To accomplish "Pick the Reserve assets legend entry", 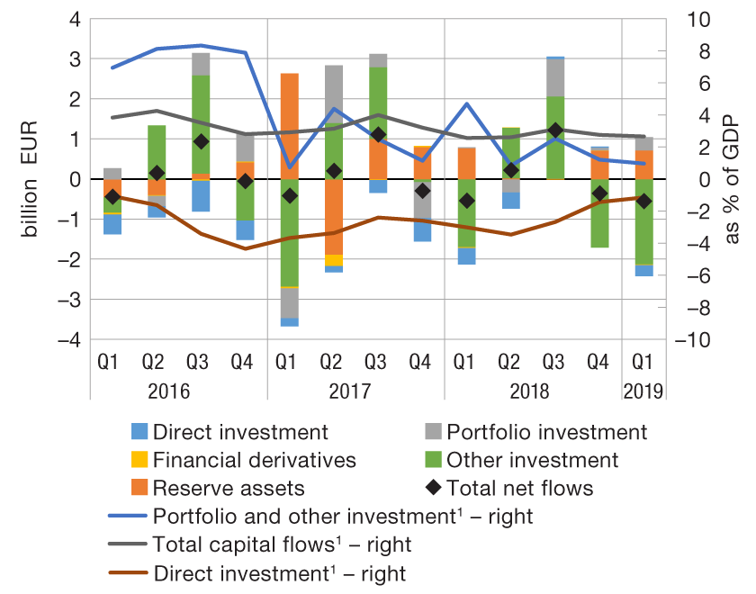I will (x=229, y=489).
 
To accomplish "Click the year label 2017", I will (x=356, y=391).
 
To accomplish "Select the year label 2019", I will (x=643, y=391).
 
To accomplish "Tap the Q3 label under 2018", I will (x=555, y=363).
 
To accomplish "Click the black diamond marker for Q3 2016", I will (x=201, y=141).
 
